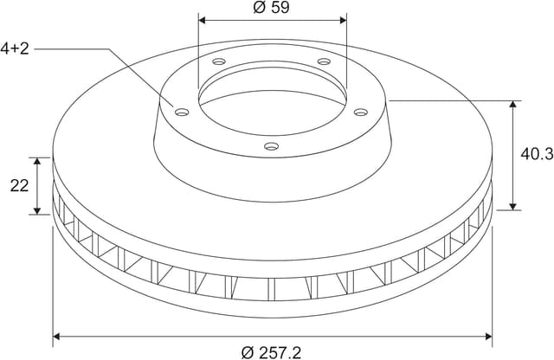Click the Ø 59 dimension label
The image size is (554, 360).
pyautogui.click(x=273, y=8)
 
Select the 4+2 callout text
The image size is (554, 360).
pyautogui.click(x=15, y=48)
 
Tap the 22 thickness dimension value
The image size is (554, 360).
pyautogui.click(x=19, y=185)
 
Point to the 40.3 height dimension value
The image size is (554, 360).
pyautogui.click(x=537, y=154)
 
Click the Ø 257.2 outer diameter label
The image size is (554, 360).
pyautogui.click(x=273, y=351)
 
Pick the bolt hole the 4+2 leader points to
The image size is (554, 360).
pyautogui.click(x=182, y=112)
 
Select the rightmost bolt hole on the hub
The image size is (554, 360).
pyautogui.click(x=361, y=110)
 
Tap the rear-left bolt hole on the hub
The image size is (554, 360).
pyautogui.click(x=217, y=62)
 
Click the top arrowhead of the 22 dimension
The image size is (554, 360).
pyautogui.click(x=37, y=162)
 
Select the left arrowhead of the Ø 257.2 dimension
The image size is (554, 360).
pyautogui.click(x=58, y=335)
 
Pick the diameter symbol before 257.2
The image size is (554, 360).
pyautogui.click(x=248, y=351)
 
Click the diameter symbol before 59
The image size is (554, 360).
pyautogui.click(x=259, y=8)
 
